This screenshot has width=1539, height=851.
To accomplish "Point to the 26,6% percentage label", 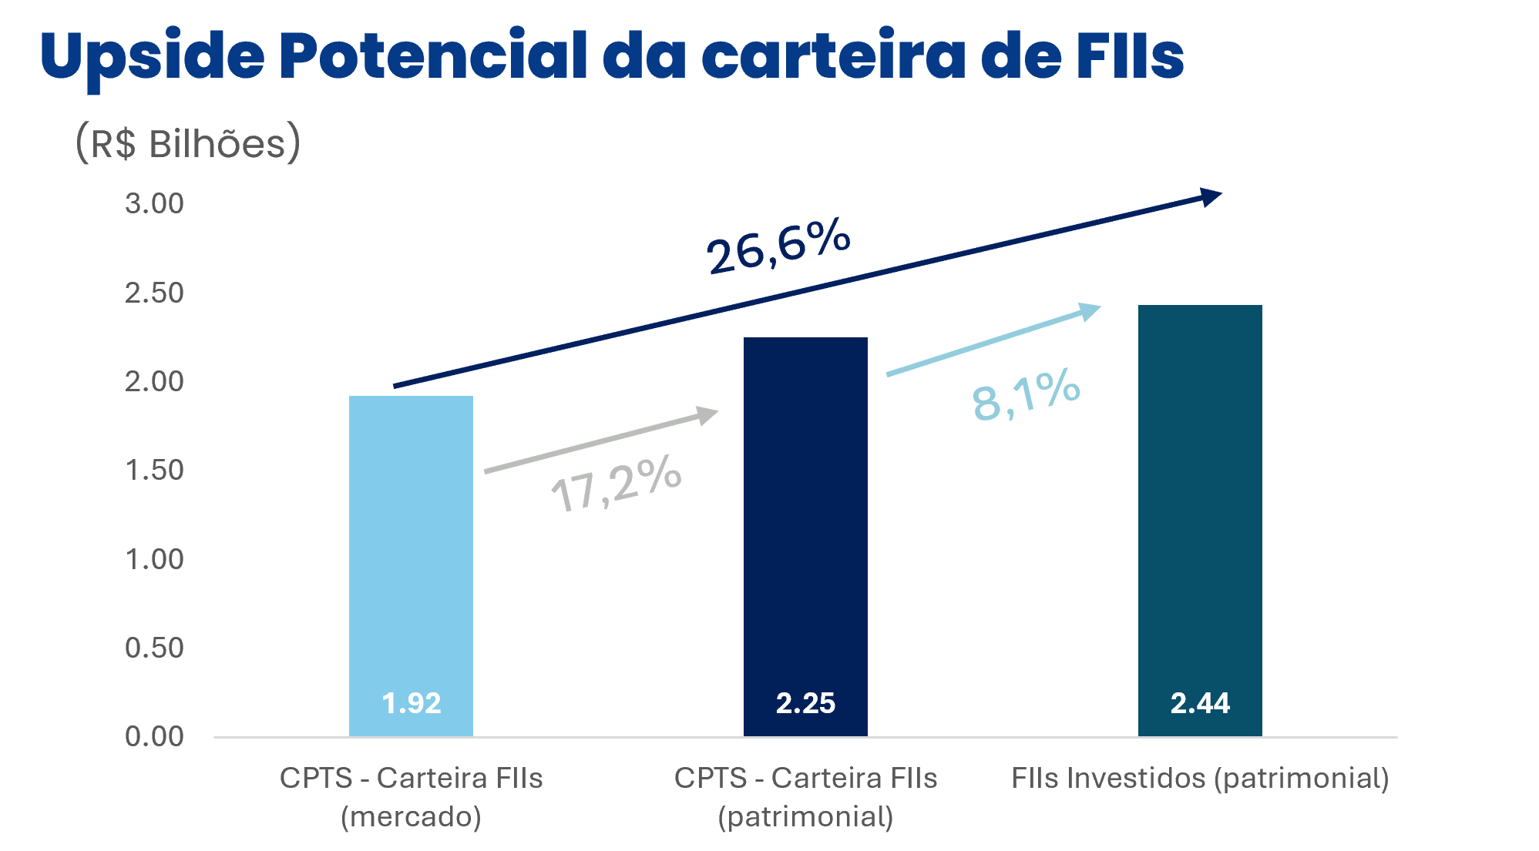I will coord(779,246).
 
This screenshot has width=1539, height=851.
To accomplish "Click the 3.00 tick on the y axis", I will coord(154,203).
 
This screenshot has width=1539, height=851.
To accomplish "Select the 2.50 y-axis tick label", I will coord(154,293).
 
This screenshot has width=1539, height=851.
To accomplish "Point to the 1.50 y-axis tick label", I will coord(154,470).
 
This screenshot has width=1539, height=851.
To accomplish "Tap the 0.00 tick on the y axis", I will coord(154,736).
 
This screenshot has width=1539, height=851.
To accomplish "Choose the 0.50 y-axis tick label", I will coord(154,648).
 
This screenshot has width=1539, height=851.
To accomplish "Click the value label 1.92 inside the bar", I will coord(412,703).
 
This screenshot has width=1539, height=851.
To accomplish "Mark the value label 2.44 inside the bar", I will coord(1200,703).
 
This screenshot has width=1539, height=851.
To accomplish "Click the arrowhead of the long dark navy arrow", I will coord(1210,196).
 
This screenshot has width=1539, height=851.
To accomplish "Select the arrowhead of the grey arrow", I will coord(707,415).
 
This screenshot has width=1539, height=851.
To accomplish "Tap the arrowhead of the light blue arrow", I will coord(1090,310).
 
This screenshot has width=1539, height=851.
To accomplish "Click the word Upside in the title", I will coord(152,56).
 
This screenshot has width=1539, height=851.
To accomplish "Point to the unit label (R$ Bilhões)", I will coord(188,143).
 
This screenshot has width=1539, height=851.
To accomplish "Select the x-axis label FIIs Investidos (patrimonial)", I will coord(1200,778).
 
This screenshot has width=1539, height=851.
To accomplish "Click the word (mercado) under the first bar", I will coord(411,816).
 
